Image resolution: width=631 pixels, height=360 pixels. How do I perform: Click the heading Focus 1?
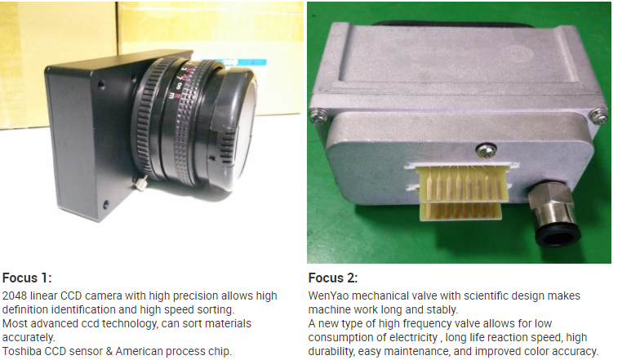[27, 278]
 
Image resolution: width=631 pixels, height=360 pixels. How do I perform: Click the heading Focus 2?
[333, 278]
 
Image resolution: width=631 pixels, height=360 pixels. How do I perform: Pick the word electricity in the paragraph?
[412, 337]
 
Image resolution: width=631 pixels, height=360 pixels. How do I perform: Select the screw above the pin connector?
[487, 151]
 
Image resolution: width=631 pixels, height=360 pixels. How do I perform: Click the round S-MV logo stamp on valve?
[518, 55]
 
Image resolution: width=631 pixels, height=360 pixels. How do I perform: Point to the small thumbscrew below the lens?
[141, 184]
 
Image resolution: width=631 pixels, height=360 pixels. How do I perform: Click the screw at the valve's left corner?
[316, 118]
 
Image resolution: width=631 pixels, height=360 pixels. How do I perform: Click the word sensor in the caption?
[86, 351]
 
